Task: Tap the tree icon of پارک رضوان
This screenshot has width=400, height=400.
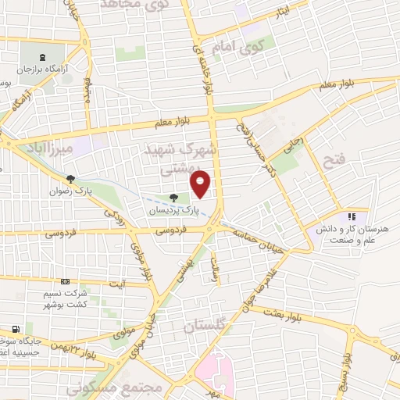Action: point(70,179)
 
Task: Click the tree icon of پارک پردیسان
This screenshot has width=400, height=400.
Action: point(173,198)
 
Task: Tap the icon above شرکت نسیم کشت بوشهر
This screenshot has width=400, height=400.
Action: point(65,282)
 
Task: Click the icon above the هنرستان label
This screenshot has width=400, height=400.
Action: point(352,216)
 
